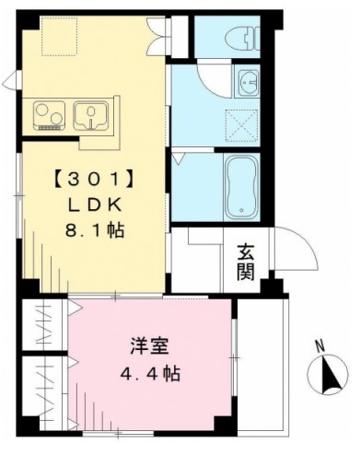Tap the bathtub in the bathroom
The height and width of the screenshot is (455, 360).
tap(242, 187)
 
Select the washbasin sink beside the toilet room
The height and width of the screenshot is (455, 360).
tap(248, 81)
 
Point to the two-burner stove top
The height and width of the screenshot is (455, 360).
tap(50, 115)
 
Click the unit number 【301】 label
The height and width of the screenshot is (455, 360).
tap(93, 180)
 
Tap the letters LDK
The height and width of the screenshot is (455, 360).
tap(95, 204)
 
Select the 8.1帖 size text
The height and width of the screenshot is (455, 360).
tap(95, 230)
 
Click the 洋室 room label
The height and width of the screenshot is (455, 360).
tap(150, 346)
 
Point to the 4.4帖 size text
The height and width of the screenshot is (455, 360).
tap(150, 373)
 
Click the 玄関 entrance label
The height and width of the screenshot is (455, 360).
tap(246, 262)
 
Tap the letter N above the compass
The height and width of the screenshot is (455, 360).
tap(320, 346)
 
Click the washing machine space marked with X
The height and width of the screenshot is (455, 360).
tap(241, 126)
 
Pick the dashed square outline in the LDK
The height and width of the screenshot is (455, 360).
tap(59, 37)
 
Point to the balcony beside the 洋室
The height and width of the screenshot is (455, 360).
tap(262, 367)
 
